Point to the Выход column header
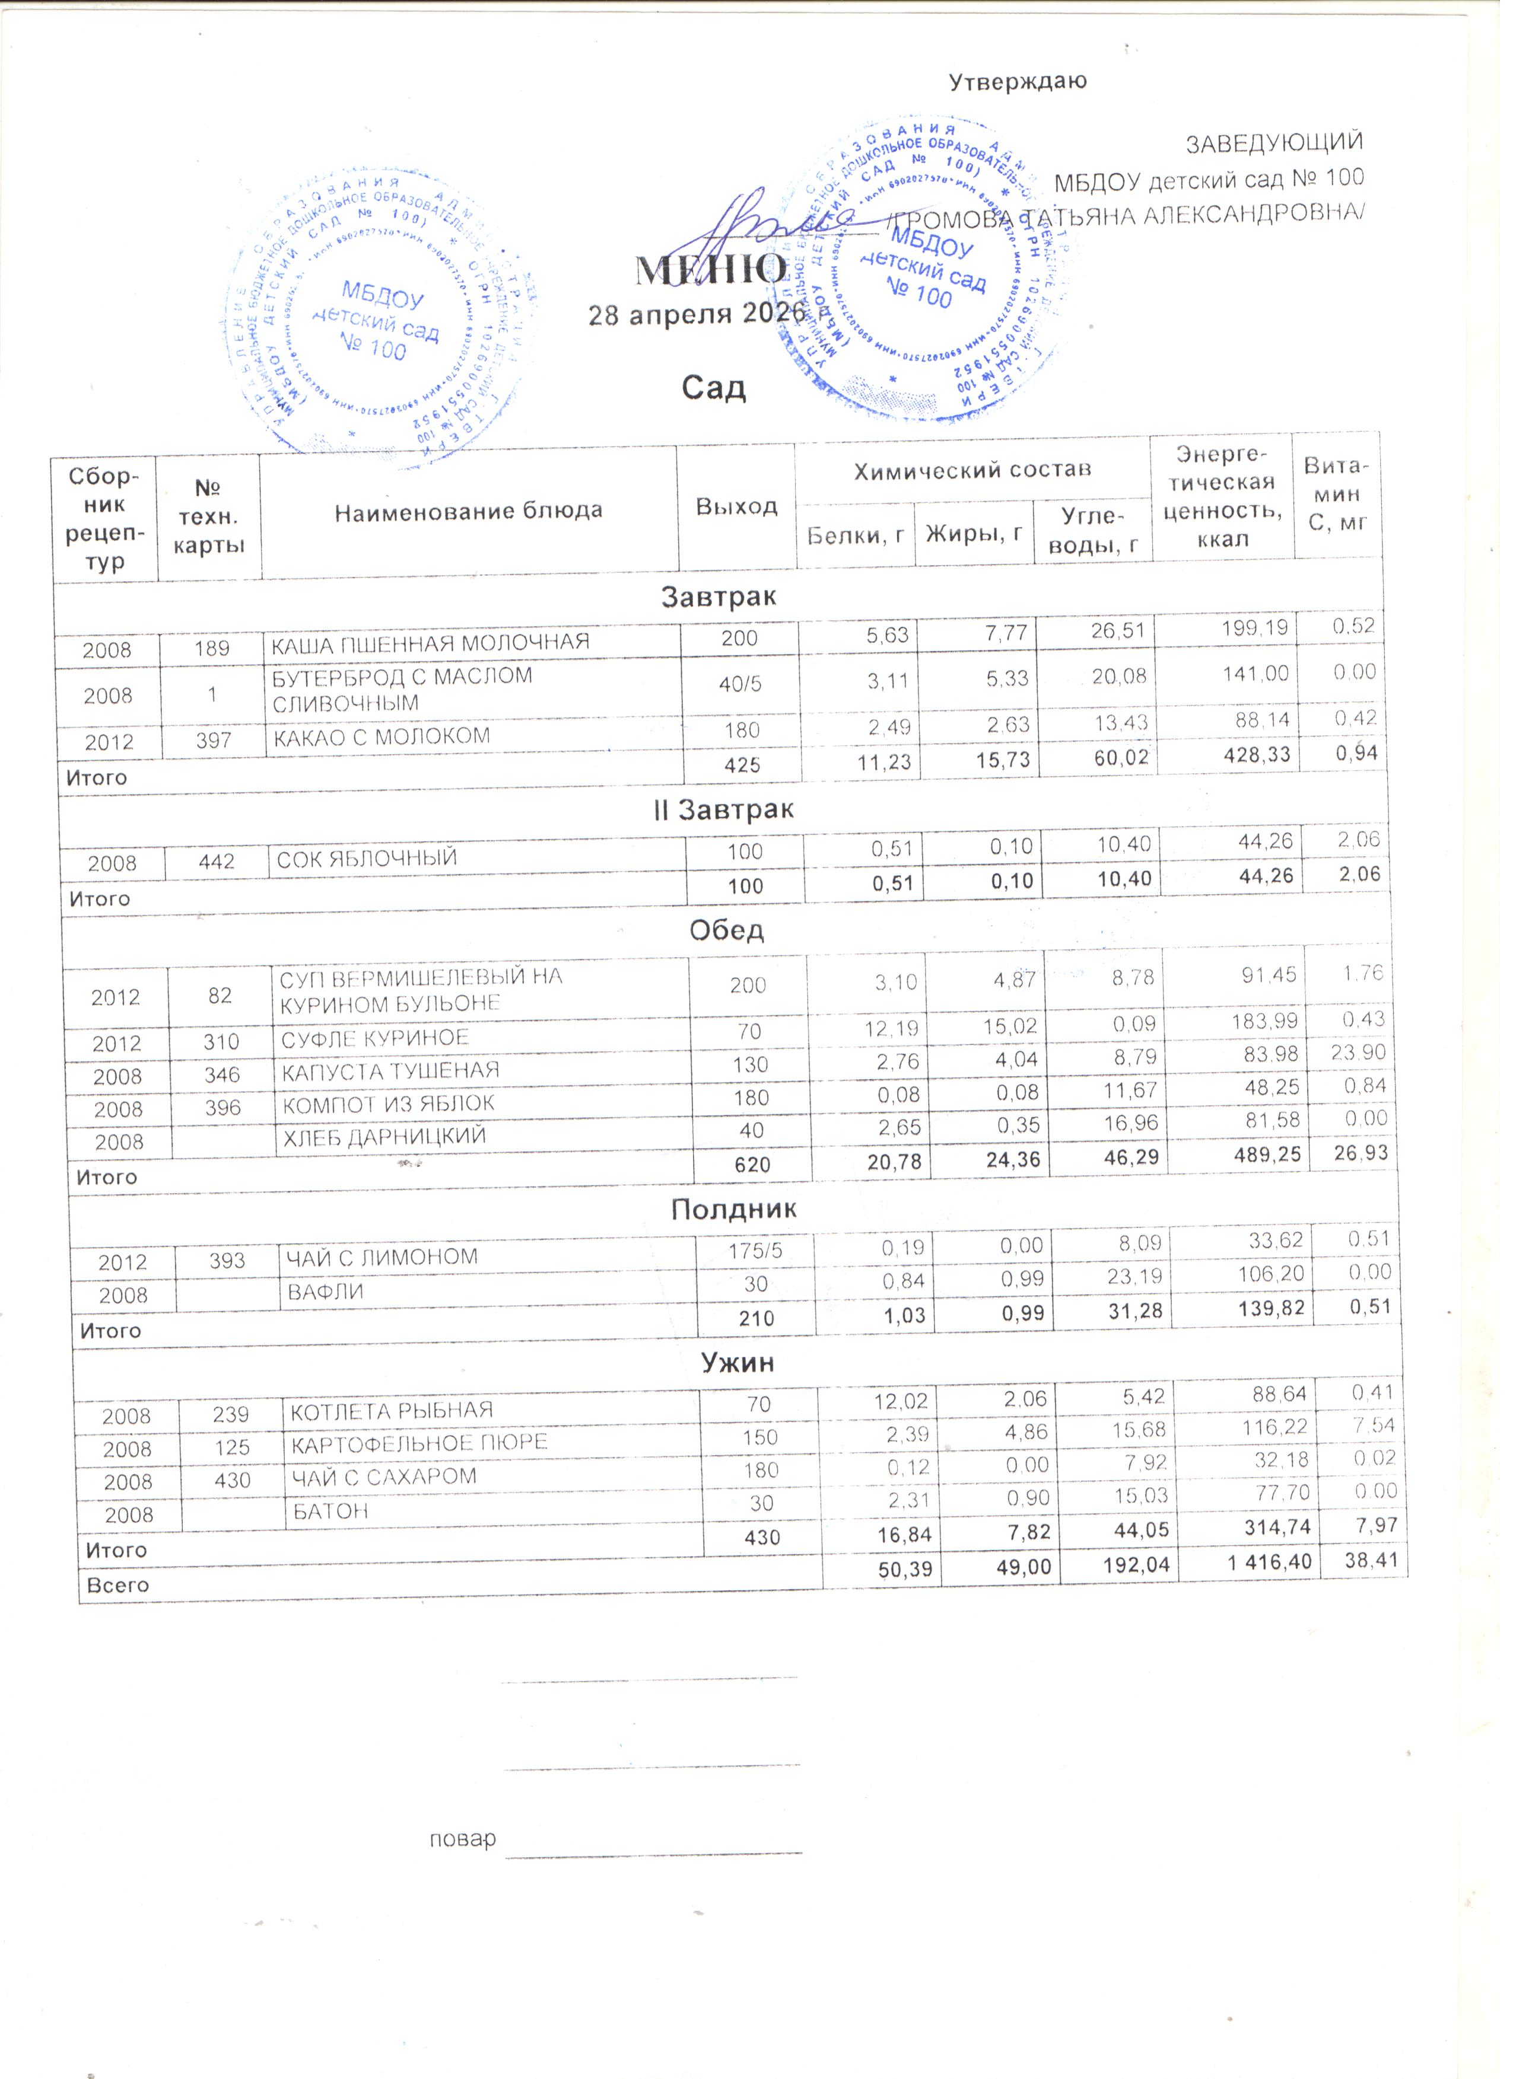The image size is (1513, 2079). [736, 506]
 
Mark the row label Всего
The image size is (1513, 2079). [117, 1585]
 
